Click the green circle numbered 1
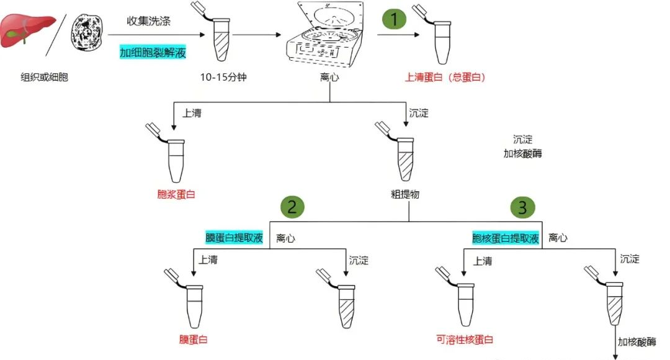(x=393, y=19)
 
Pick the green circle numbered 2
(x=292, y=207)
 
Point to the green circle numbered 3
(x=522, y=207)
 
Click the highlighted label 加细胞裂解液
(x=153, y=53)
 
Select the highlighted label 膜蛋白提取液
(x=234, y=238)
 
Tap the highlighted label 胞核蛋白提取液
(x=505, y=238)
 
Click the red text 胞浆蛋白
(x=176, y=194)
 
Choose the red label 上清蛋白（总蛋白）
(x=445, y=78)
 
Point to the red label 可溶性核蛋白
(x=465, y=340)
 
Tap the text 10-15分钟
(x=220, y=78)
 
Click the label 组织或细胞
(x=44, y=78)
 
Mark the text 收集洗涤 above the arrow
(x=149, y=21)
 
